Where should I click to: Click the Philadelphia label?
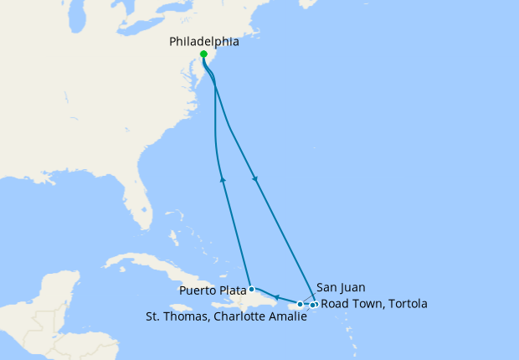(x=203, y=41)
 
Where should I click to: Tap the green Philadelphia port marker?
(x=204, y=54)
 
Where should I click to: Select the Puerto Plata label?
(x=212, y=290)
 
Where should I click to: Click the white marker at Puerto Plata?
(x=252, y=289)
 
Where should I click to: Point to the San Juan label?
(x=341, y=288)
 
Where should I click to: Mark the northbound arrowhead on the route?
(x=222, y=177)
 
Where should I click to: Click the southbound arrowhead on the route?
(x=254, y=178)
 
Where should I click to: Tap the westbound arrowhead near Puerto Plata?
(x=276, y=296)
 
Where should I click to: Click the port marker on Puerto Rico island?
(x=300, y=304)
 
